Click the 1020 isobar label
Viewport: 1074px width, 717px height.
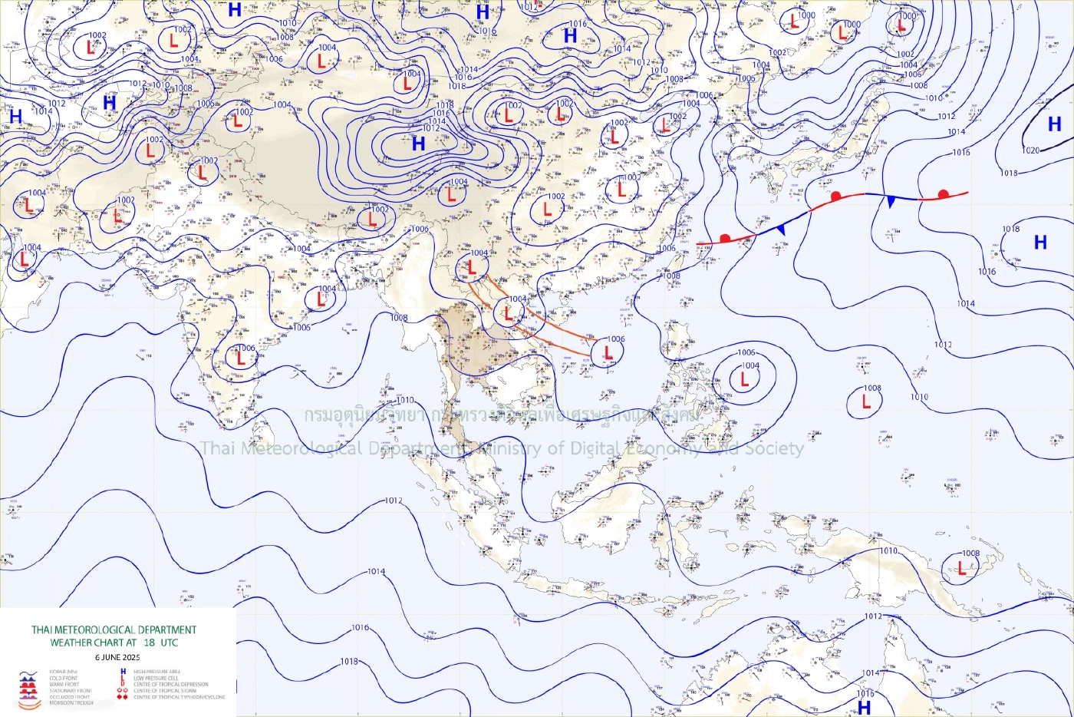1031,150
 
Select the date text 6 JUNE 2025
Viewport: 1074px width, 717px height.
117,657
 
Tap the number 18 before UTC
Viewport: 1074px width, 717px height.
149,643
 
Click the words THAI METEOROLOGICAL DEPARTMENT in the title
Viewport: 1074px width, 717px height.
114,630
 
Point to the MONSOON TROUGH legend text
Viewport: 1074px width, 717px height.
71,703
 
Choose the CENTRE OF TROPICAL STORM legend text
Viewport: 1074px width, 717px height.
164,691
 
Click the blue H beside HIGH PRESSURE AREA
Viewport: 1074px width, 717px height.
123,672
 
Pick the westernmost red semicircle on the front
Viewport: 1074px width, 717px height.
725,238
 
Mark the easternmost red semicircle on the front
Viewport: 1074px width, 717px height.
944,194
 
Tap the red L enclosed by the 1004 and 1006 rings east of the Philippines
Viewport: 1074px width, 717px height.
743,379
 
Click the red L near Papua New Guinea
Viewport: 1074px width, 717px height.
961,568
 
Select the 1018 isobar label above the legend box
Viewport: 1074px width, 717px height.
349,661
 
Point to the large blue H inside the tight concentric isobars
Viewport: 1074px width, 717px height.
418,144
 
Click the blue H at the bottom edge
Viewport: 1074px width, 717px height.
865,707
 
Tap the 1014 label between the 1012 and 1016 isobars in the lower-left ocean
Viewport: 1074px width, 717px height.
376,572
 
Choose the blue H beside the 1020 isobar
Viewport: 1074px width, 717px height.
1055,124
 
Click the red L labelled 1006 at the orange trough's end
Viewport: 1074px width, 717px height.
608,352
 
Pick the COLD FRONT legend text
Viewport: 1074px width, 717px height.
64,679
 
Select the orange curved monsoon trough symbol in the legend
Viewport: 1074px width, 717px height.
29,702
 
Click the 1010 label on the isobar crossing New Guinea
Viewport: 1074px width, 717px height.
888,551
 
